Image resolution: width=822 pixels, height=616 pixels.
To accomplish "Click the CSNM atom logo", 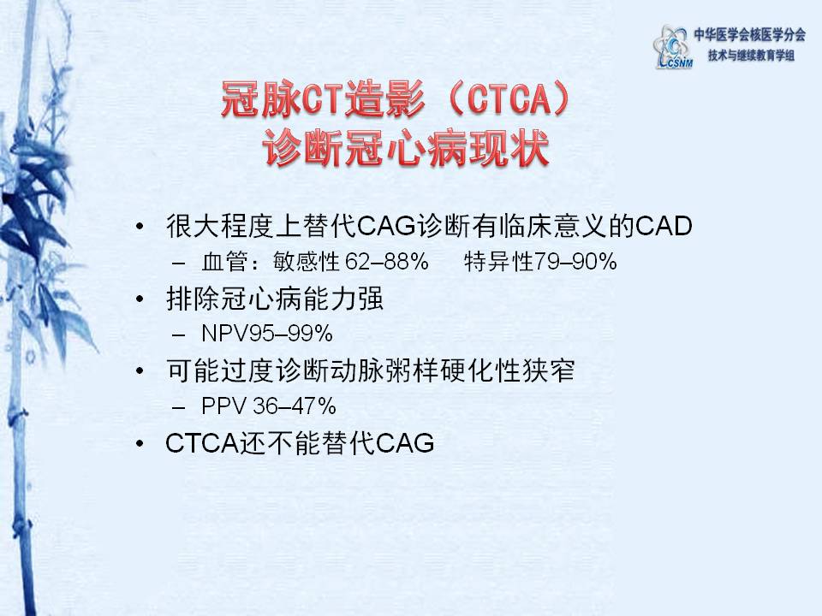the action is pos(672,47).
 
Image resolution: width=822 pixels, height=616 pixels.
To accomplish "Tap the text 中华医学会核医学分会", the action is pos(750,35).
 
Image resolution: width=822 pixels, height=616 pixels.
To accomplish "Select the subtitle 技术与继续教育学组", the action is pos(751,55).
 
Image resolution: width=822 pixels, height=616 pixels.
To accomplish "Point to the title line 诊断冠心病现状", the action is pos(406,147).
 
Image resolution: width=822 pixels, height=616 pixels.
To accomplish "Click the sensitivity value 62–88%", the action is pos(387,261).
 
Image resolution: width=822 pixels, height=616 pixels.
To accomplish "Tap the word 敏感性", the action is pos(307,261).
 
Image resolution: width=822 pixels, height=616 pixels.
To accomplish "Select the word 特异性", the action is pos(498,261).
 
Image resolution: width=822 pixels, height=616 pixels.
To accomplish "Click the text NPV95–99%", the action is pos(267,334).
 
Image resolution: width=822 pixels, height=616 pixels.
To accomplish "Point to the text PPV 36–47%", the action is pos(269,406).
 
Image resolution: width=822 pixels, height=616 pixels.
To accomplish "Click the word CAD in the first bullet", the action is pos(664,226).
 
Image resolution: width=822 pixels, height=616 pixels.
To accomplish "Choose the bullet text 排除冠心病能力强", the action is pos(275,299).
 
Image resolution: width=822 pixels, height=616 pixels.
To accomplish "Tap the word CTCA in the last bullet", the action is pos(202,443).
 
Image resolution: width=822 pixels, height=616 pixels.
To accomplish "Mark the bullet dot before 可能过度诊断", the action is pos(140,371).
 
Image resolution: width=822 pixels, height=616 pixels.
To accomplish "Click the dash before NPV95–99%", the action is pos(179,335).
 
